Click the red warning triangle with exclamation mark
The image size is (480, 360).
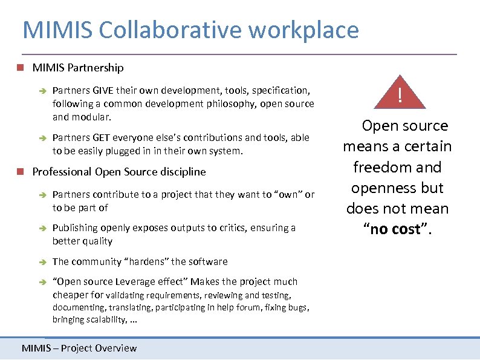pos(399,95)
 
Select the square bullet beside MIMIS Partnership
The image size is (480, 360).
pos(21,68)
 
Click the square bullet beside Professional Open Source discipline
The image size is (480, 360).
pos(21,172)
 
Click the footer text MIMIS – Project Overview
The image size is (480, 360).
pos(79,348)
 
